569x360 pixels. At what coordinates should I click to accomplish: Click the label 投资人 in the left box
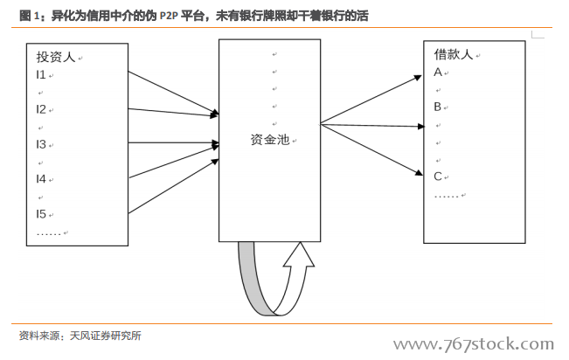point(56,57)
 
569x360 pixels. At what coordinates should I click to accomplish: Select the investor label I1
point(40,75)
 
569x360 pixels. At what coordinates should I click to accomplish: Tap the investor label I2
point(40,109)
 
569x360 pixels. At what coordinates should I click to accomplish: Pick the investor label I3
point(40,144)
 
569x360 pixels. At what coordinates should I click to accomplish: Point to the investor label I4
point(40,179)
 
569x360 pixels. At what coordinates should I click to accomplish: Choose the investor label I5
point(40,214)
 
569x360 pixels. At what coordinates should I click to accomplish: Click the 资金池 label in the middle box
point(269,139)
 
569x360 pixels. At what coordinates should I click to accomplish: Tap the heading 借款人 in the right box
point(454,54)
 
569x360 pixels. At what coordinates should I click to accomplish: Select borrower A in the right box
point(438,73)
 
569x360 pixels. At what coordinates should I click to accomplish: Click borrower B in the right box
point(438,107)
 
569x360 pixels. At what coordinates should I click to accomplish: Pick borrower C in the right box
point(438,177)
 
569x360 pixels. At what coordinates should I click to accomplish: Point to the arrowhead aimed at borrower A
point(418,78)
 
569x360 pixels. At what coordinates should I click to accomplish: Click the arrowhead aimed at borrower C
point(419,172)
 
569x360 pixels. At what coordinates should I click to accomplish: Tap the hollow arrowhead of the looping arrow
point(299,255)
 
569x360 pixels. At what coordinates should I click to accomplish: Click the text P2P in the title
point(169,16)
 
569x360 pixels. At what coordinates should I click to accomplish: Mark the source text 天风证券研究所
point(105,336)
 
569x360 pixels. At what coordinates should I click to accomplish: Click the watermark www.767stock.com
point(474,343)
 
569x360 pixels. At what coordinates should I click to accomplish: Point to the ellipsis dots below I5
point(49,234)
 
